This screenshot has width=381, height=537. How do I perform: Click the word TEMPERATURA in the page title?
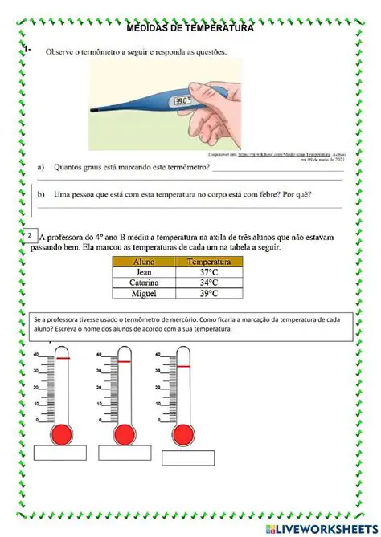(x=219, y=28)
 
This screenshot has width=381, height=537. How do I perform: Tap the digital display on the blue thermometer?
(x=182, y=102)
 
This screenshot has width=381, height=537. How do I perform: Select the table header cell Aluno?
(x=145, y=262)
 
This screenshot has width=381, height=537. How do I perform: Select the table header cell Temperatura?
(x=208, y=262)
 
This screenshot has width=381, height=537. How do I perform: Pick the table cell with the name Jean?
(x=145, y=272)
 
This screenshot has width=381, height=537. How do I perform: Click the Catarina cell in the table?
(x=145, y=283)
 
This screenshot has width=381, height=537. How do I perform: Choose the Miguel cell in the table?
(x=145, y=294)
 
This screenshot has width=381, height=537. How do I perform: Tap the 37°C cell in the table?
(x=208, y=272)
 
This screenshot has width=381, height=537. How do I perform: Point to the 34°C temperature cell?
(x=208, y=283)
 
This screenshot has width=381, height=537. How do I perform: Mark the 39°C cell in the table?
(x=208, y=294)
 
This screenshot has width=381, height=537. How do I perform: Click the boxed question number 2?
(x=30, y=235)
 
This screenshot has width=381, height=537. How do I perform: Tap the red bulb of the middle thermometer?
(x=124, y=434)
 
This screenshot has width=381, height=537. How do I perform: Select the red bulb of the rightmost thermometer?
(x=184, y=434)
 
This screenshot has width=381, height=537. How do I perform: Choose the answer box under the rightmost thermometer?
(x=183, y=458)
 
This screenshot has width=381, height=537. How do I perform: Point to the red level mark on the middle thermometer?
(x=124, y=362)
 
